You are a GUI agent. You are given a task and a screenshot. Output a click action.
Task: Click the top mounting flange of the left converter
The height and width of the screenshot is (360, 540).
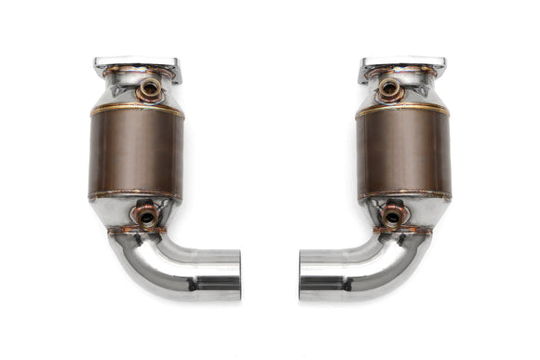point(137,66)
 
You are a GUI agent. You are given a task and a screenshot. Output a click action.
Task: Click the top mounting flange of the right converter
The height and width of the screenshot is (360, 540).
point(402,66)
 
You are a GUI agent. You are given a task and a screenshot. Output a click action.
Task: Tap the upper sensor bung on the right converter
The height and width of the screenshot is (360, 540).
point(389,90)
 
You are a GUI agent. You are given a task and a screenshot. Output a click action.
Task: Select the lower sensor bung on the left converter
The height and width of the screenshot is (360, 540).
point(146,216)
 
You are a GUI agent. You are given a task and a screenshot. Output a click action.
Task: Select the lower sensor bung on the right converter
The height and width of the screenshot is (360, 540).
point(393,216)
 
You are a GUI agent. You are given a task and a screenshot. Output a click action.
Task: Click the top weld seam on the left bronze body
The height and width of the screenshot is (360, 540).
point(137,109)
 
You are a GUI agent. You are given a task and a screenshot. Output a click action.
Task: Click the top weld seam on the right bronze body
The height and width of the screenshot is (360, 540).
point(402,109)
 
